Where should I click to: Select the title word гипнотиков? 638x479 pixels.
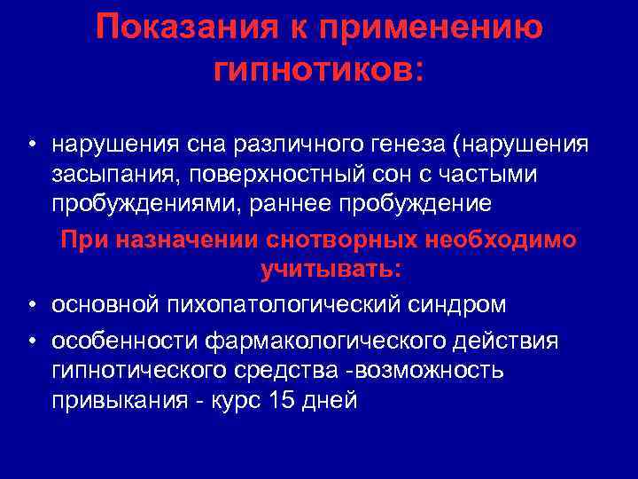coord(318,68)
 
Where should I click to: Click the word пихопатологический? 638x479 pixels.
coord(279,304)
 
